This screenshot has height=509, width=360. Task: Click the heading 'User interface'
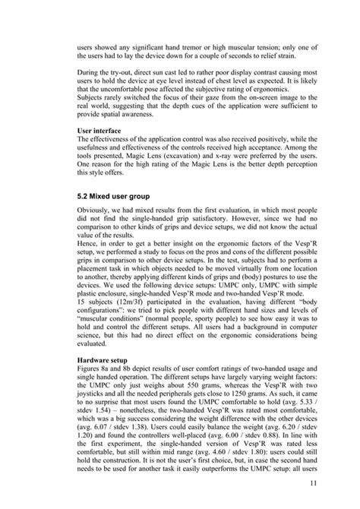(102, 131)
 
